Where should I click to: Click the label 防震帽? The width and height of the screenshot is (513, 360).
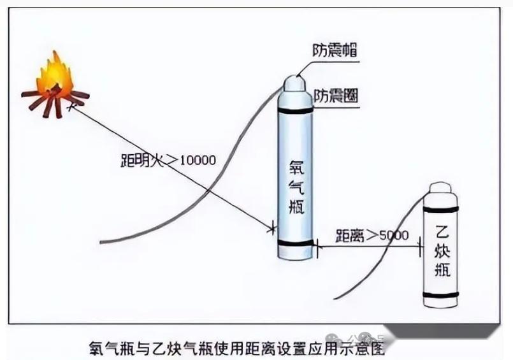click(334, 50)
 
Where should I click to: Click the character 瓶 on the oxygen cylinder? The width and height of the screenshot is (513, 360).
click(298, 208)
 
